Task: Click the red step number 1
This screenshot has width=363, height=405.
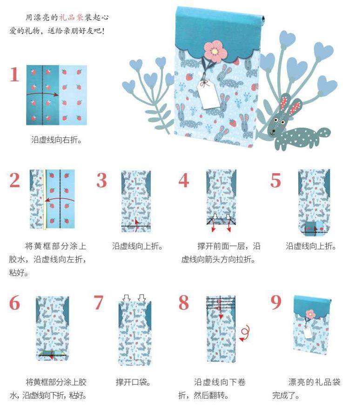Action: (14, 74)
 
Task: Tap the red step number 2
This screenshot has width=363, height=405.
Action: (15, 180)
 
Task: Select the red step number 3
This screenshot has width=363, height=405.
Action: (101, 180)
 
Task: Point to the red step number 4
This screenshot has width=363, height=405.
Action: (184, 180)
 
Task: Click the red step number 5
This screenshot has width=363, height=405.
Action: (276, 180)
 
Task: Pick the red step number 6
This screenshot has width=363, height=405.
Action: (14, 302)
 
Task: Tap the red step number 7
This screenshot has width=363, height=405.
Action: (98, 302)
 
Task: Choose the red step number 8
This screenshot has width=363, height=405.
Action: (184, 302)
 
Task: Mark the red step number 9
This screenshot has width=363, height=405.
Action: (276, 302)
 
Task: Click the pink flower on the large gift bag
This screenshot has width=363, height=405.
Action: (215, 51)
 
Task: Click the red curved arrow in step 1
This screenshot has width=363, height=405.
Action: (42, 94)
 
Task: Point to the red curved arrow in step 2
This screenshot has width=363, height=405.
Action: (60, 199)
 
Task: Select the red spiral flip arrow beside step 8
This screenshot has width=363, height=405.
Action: (245, 333)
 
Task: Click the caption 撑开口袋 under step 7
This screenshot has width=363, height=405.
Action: (133, 382)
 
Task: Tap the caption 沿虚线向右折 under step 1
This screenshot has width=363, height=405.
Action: (56, 140)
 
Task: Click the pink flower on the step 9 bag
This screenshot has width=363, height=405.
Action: (310, 314)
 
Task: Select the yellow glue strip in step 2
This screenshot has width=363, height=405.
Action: (45, 199)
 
